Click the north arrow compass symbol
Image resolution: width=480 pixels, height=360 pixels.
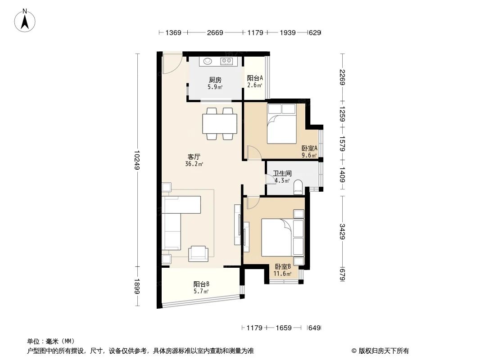26,20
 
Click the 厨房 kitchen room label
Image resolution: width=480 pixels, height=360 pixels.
214,80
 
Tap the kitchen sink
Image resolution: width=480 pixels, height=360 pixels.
208,61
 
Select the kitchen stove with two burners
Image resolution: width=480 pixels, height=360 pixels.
226,61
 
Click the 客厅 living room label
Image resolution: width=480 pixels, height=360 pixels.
194,157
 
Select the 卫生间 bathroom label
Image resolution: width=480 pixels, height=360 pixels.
282,173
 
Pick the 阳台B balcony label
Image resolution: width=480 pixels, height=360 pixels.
201,284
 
